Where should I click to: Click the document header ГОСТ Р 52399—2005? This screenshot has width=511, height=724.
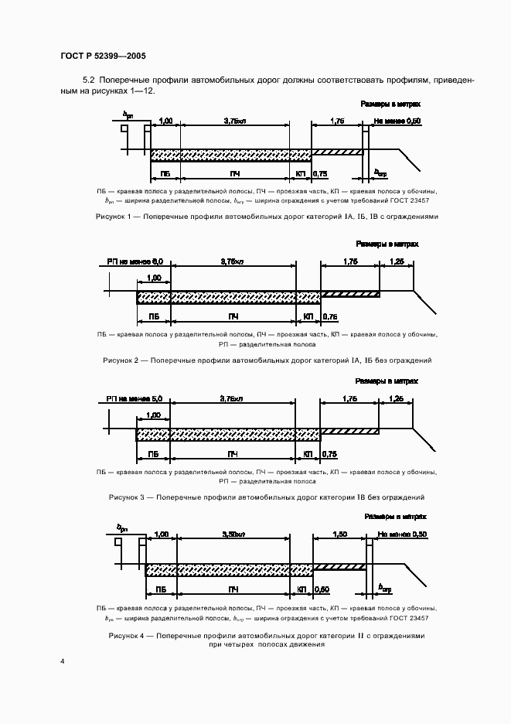(x=103, y=56)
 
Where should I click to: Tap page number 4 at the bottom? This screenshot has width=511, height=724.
(x=62, y=661)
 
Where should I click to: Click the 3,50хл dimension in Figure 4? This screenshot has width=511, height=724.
(x=233, y=534)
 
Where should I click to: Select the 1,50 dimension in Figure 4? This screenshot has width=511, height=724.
(x=339, y=534)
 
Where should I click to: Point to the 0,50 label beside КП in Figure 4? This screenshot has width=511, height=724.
(x=322, y=590)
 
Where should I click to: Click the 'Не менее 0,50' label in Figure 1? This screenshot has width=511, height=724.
(x=397, y=121)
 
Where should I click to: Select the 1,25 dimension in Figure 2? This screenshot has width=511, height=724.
(x=397, y=262)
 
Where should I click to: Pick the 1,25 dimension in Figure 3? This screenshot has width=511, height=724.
(x=397, y=398)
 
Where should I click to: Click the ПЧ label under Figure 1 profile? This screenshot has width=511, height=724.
(x=233, y=175)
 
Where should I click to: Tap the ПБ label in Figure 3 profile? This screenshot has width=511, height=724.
(x=152, y=453)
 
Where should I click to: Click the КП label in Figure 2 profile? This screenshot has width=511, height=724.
(x=308, y=317)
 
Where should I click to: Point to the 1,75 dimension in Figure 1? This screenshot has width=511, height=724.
(x=336, y=121)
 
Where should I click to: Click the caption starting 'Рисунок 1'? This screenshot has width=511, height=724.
(x=267, y=217)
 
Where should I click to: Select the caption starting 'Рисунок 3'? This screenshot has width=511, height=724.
(x=267, y=497)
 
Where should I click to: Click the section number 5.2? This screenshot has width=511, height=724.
(x=87, y=80)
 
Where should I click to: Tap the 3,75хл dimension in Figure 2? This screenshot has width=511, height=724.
(x=232, y=262)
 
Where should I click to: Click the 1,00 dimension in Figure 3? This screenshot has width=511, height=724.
(x=153, y=415)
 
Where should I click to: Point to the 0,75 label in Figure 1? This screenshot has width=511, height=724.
(x=322, y=175)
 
